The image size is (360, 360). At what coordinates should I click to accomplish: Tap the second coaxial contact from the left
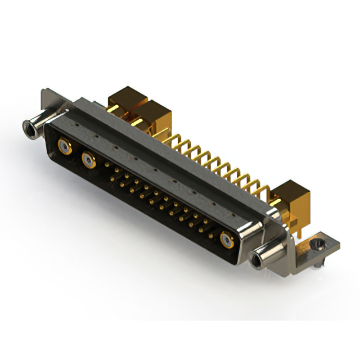(88, 161)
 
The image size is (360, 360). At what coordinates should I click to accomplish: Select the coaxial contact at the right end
(227, 240)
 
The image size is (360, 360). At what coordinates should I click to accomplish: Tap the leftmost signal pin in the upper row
(107, 164)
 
